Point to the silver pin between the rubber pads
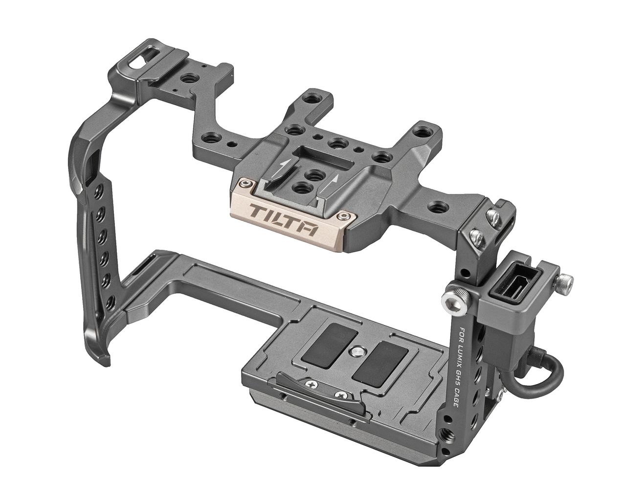[355, 351]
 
